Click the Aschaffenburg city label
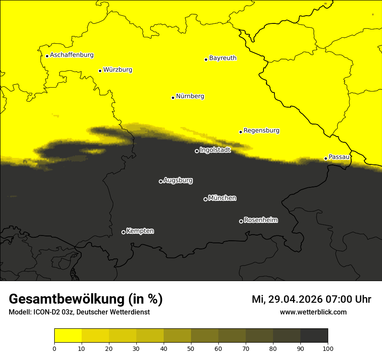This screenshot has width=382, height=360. pos(72,55)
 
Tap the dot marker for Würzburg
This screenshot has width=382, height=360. pos(100,71)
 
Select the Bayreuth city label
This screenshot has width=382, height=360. pos(223,58)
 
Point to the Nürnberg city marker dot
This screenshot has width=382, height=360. pos(173,98)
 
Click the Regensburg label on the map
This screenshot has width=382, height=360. pos(261,131)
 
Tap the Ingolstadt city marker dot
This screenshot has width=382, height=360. pos(197,151)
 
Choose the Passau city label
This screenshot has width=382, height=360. pos(339,157)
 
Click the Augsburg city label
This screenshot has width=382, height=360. pos(178,180)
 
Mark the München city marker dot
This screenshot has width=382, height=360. pos(205,199)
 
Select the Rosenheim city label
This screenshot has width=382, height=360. pos(260,220)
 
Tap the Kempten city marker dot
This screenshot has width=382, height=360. pos(123,232)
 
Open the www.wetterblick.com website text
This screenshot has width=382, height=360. pos(313,312)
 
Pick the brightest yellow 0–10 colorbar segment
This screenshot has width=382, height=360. pos(68,336)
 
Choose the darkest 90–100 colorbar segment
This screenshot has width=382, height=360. pos(314,336)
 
